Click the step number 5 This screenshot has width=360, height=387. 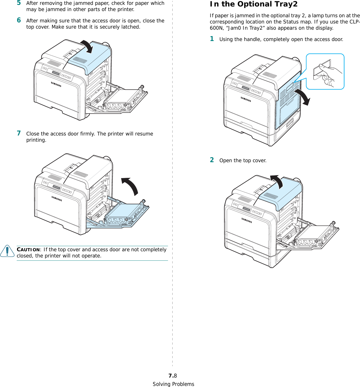tap(19, 3)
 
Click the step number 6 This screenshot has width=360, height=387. tap(19, 20)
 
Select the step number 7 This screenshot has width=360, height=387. tap(19, 133)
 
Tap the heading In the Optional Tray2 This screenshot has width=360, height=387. tap(253, 4)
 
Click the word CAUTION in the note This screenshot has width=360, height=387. tap(28, 250)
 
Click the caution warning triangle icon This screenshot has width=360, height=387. tap(7, 251)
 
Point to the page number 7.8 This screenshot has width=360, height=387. tap(173, 376)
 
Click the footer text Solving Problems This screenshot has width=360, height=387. tap(173, 384)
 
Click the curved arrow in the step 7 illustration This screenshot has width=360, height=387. tap(131, 185)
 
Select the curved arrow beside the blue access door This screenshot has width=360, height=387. tap(303, 97)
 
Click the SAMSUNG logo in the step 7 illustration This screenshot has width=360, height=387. tap(57, 199)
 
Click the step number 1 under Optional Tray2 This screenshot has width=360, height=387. tap(212, 39)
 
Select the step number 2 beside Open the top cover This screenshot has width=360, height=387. tap(212, 160)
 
